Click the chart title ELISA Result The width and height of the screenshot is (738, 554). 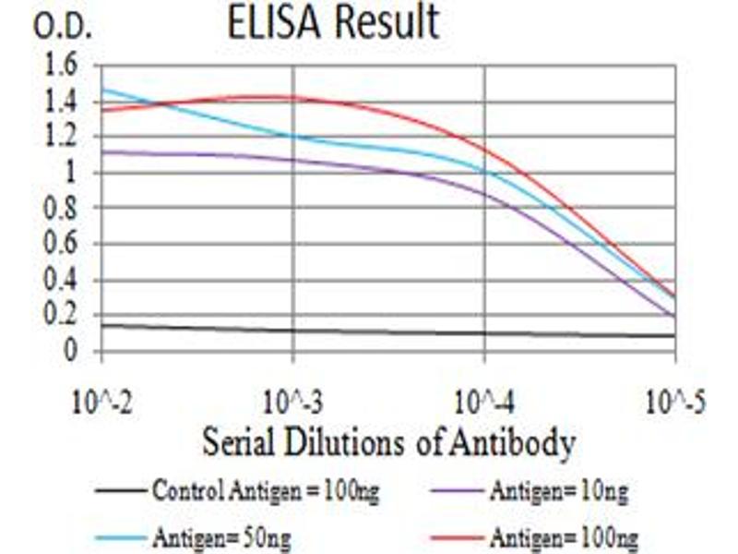(x=333, y=23)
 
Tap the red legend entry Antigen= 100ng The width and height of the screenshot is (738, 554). (x=564, y=536)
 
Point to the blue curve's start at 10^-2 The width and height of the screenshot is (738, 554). (x=102, y=90)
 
